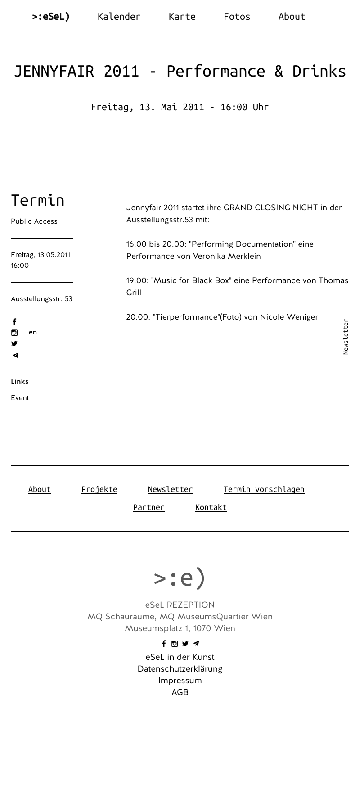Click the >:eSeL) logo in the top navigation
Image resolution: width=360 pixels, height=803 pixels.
[51, 17]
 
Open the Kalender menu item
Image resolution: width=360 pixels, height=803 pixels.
[119, 17]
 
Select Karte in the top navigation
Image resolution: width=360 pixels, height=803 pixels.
[182, 17]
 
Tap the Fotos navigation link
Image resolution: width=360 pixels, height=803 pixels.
[237, 17]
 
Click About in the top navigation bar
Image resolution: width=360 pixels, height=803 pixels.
[292, 17]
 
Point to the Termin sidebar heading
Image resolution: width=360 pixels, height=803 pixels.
[38, 200]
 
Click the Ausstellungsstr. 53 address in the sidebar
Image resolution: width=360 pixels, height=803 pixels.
[41, 299]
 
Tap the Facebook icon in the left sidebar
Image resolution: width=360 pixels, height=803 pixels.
[14, 322]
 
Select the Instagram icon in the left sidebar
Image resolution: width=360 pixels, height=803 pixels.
[14, 333]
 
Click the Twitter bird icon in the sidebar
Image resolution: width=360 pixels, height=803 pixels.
[14, 344]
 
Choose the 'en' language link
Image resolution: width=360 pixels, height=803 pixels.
[33, 332]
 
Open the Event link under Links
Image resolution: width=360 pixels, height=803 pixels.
[20, 398]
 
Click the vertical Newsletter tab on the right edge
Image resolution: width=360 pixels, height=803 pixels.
[346, 337]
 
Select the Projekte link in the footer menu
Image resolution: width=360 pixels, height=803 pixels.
[99, 489]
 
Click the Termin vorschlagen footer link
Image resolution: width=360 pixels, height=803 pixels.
[264, 489]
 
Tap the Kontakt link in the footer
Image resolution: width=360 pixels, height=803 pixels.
[211, 507]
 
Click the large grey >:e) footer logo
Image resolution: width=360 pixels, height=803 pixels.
[180, 577]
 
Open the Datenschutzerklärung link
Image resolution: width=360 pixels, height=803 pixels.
[180, 669]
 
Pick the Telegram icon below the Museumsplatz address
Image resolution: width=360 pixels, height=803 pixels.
[196, 644]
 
